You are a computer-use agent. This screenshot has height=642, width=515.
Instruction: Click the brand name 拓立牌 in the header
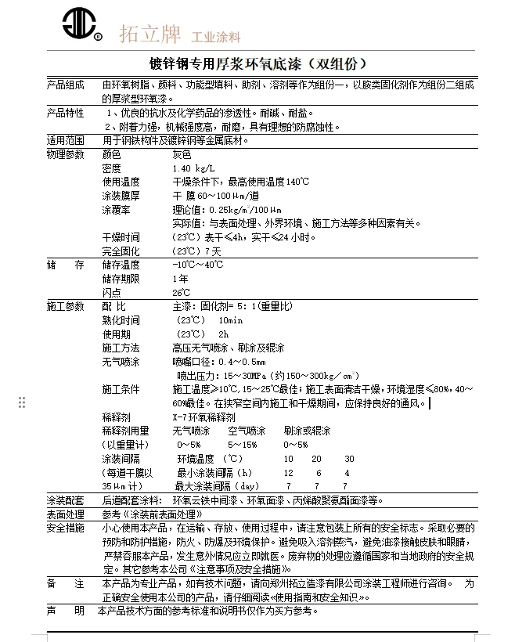point(149,34)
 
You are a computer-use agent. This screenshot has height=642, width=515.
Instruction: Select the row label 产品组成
point(65,85)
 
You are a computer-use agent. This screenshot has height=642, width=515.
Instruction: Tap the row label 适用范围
point(65,140)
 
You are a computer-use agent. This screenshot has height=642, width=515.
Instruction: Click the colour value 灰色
point(182,154)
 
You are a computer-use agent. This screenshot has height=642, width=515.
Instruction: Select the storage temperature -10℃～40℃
point(198,265)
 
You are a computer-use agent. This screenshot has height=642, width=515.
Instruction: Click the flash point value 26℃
point(182,292)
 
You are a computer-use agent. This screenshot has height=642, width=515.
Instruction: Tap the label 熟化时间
point(121,320)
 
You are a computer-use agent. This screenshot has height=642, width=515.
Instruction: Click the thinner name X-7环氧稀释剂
point(203,418)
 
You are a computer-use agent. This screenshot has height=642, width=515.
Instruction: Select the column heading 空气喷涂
point(247,431)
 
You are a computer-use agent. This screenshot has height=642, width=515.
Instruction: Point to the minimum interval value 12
point(289,473)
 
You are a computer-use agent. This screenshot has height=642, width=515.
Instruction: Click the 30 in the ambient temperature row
point(349,459)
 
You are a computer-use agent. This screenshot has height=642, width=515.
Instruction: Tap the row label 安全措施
point(65,528)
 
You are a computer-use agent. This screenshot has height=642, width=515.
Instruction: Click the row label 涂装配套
point(65,500)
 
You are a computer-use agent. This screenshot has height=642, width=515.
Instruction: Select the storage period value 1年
point(180,279)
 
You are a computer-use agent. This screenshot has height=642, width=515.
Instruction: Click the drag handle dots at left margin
point(22,402)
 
